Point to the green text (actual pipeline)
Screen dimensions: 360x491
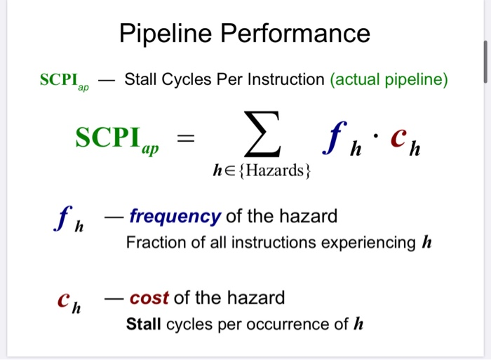(x=389, y=79)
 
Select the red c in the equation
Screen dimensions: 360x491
(x=397, y=139)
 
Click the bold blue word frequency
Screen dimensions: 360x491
(x=175, y=216)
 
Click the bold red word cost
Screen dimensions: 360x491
(x=149, y=298)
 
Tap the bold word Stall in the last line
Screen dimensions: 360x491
(x=144, y=324)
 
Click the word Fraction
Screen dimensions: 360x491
(x=152, y=243)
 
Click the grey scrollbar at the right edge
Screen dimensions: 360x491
(x=483, y=62)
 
